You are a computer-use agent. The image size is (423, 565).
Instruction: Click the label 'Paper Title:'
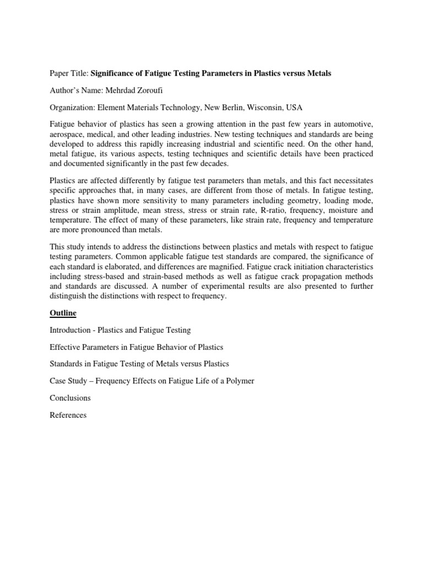pos(69,73)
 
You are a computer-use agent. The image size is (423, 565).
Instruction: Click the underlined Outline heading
pos(63,313)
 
